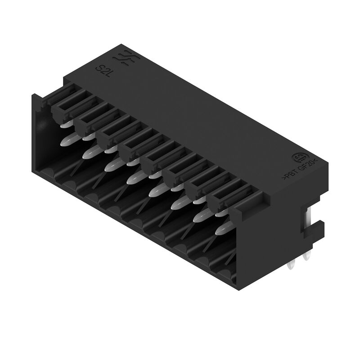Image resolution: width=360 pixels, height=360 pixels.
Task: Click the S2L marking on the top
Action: (103, 69)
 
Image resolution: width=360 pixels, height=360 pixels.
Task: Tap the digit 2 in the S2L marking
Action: (103, 69)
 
